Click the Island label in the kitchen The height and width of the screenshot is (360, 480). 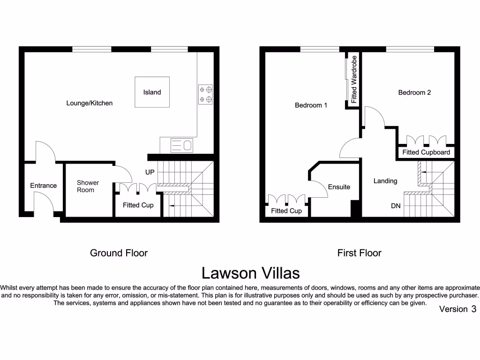[152, 92]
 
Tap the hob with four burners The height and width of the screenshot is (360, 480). [205, 94]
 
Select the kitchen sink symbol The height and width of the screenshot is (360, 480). [181, 146]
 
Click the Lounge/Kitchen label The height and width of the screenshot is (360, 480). [90, 103]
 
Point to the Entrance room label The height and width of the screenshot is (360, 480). [44, 186]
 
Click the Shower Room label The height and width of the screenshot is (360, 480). [88, 186]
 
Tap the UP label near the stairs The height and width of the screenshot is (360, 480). [150, 172]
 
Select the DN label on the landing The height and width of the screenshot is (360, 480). [396, 205]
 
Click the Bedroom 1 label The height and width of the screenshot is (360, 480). [311, 105]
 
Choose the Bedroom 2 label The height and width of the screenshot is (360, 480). [414, 92]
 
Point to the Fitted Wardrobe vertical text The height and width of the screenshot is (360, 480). [354, 80]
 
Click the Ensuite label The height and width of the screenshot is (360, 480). [339, 187]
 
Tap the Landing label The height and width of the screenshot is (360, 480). [385, 181]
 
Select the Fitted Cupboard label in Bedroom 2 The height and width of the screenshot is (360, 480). [426, 152]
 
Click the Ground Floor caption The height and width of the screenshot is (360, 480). [119, 253]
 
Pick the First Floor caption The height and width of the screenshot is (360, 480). [359, 253]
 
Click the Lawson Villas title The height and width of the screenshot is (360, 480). [251, 272]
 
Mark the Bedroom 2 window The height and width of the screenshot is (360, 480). [410, 49]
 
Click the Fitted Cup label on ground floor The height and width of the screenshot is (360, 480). [138, 205]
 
